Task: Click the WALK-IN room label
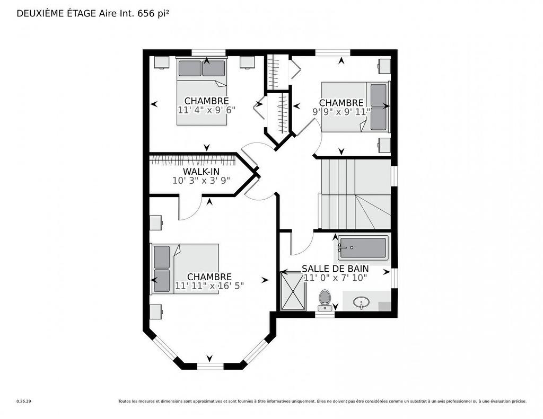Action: pyautogui.click(x=201, y=172)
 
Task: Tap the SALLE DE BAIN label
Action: pyautogui.click(x=335, y=269)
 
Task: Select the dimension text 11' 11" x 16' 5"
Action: pyautogui.click(x=209, y=286)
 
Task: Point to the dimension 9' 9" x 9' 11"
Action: pyautogui.click(x=341, y=112)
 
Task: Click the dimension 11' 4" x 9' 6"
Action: pyautogui.click(x=206, y=110)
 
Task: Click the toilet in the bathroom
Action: pyautogui.click(x=325, y=300)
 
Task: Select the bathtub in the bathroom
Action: pyautogui.click(x=363, y=247)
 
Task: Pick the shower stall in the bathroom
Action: pyautogui.click(x=293, y=291)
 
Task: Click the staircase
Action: pyautogui.click(x=355, y=194)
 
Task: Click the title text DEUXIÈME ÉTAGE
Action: pyautogui.click(x=56, y=14)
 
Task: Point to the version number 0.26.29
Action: pyautogui.click(x=24, y=402)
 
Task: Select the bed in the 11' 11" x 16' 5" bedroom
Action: pyautogui.click(x=186, y=269)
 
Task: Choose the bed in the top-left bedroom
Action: pyautogui.click(x=202, y=91)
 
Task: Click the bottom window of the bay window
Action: pyautogui.click(x=211, y=366)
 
